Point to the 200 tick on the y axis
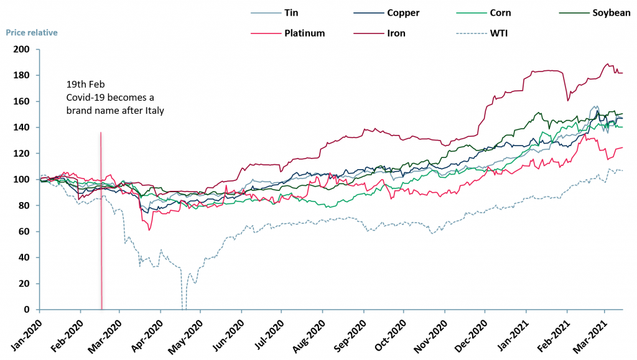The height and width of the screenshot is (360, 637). pos(24,49)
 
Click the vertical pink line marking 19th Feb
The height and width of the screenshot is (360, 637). pos(101,218)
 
